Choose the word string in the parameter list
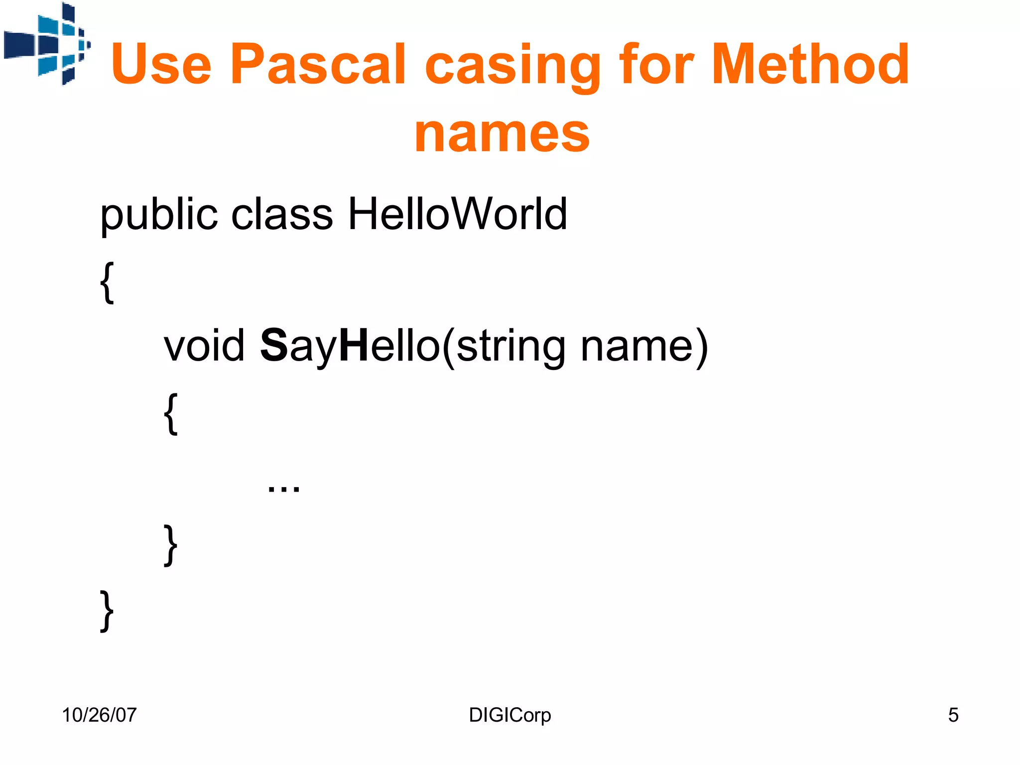510,347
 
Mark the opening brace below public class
107,282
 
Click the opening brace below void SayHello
170,413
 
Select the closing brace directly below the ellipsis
170,545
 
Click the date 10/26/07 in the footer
99,715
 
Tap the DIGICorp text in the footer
510,715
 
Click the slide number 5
953,715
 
